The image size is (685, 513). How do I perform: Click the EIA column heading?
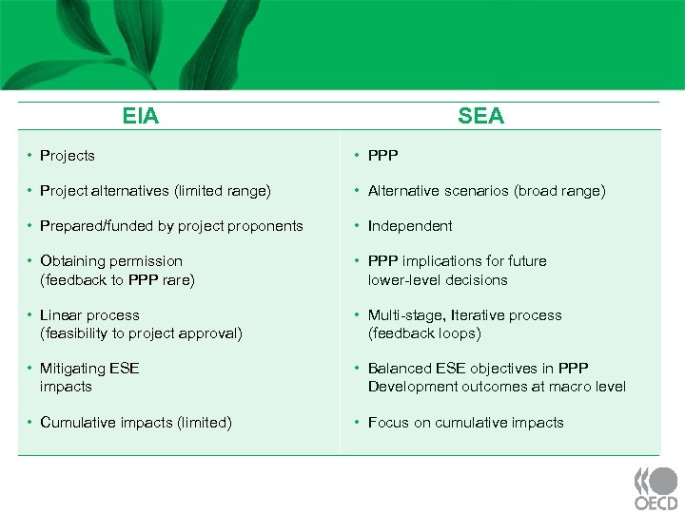click(x=141, y=116)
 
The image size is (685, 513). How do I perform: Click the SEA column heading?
click(x=480, y=116)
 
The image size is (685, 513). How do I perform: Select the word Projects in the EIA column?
click(x=68, y=155)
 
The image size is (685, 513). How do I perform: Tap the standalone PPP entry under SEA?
click(x=383, y=155)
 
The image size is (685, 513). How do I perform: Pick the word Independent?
click(x=410, y=226)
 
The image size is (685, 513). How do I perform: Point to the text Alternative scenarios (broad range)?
click(x=486, y=191)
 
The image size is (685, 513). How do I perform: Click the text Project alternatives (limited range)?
click(x=155, y=191)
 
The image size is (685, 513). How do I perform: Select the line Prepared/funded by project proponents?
click(x=171, y=226)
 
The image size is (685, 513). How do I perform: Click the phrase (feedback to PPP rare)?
click(x=117, y=279)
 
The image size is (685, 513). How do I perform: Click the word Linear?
click(x=62, y=315)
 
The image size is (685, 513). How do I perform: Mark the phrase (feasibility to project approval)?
click(x=141, y=333)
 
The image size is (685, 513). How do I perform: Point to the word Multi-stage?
click(x=407, y=315)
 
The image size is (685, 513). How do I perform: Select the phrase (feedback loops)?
click(x=424, y=333)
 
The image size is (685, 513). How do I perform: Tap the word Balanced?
click(x=400, y=369)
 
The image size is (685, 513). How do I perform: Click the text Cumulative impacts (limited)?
click(x=135, y=423)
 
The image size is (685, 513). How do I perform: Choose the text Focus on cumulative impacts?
click(x=465, y=423)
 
